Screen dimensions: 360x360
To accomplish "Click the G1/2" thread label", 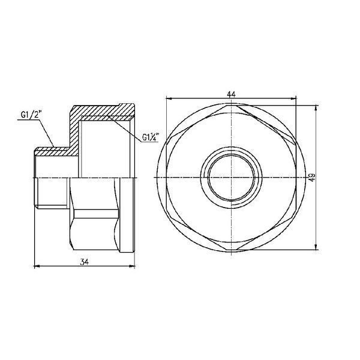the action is (32, 115).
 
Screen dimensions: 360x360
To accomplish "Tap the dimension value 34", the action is (84, 262).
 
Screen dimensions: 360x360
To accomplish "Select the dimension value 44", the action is (231, 94).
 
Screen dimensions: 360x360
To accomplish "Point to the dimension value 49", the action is (312, 178).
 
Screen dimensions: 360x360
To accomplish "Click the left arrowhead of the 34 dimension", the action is (37, 266).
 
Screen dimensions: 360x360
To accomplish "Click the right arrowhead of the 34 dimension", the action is (132, 266).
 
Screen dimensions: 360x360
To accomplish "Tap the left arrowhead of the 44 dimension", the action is (169, 98).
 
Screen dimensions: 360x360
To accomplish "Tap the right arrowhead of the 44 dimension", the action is (293, 98).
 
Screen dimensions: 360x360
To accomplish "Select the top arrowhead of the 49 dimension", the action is (316, 108).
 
